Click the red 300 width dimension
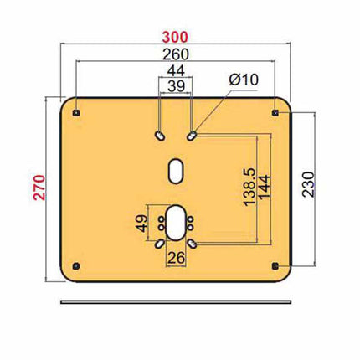point(176,37)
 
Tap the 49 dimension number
point(141,223)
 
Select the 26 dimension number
point(175,257)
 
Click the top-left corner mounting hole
point(76,111)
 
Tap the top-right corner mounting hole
point(276,111)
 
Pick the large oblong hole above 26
point(176,222)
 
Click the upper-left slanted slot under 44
point(159,134)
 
